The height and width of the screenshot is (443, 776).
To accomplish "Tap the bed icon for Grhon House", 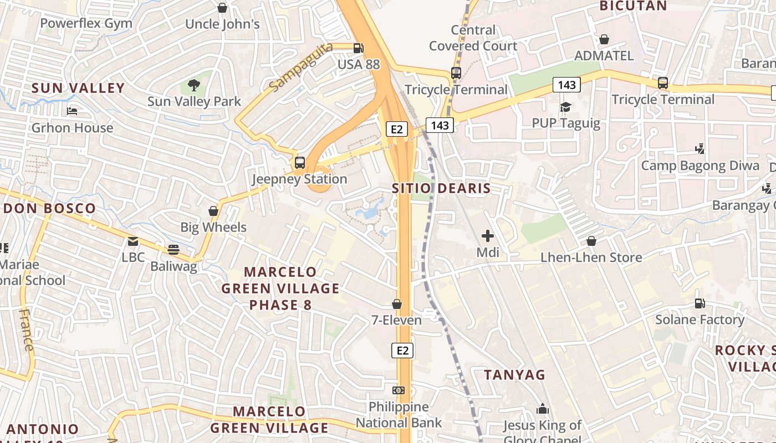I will coord(72,111).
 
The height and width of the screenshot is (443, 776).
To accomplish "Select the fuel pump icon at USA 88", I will coord(359,48).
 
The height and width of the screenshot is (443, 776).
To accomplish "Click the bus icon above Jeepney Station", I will coord(300,163).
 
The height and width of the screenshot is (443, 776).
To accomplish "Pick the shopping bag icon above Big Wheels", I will coord(213,211).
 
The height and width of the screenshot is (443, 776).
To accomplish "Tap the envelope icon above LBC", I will coord(133,241).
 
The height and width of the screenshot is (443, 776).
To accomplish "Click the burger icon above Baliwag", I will coord(173,250).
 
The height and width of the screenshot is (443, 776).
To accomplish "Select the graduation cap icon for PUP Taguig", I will coord(565,107).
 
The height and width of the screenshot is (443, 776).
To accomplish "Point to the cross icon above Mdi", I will coord(488,236).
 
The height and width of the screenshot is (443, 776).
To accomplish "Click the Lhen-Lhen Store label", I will coord(591,257).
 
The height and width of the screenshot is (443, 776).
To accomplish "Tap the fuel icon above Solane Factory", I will coord(700,303).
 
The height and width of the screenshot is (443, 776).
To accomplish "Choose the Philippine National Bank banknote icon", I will coord(399,390).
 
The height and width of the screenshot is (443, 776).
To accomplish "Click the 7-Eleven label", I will coord(396,320).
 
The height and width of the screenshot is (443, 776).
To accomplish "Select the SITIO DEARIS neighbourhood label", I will coord(441,188).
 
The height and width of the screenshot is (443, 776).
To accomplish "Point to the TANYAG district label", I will coord(514,375).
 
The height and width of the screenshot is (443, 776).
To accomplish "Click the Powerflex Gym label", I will coord(86,23).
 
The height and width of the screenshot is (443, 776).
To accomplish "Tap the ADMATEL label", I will coord(604,55).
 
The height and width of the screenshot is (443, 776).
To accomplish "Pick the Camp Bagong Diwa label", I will coord(700,166).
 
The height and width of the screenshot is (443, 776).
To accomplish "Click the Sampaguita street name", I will coord(301,67).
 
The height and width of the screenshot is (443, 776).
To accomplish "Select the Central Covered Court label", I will coord(473,38).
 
